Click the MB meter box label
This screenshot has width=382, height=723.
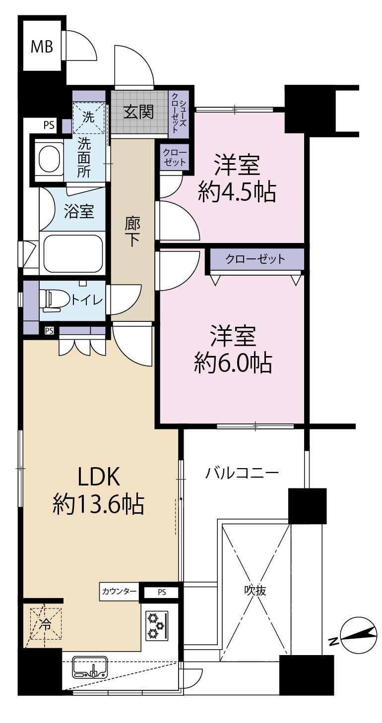(42, 47)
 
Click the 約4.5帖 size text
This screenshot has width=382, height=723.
(237, 192)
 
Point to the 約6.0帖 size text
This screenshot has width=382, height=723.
(233, 363)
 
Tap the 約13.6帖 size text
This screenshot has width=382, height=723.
(98, 504)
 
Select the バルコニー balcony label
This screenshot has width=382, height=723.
(242, 474)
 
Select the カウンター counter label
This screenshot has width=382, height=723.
(119, 591)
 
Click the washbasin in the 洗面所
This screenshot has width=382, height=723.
(50, 159)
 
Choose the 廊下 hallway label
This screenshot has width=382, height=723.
(132, 231)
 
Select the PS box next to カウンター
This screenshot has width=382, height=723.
(162, 592)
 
